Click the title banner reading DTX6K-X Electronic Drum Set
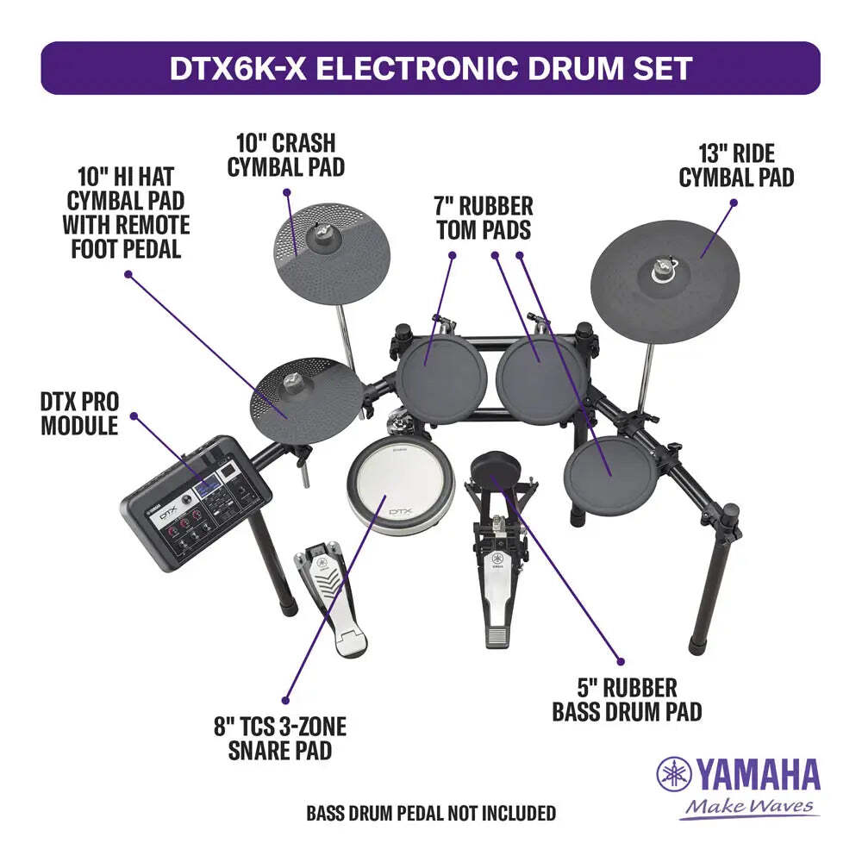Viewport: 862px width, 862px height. (x=430, y=68)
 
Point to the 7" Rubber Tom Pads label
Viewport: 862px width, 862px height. (x=484, y=218)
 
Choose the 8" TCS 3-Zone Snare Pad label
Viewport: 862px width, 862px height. (x=287, y=739)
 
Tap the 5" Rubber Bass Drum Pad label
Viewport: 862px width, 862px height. (x=627, y=699)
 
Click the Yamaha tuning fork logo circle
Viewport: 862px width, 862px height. (x=674, y=774)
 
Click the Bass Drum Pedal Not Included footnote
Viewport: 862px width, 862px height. (x=431, y=813)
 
